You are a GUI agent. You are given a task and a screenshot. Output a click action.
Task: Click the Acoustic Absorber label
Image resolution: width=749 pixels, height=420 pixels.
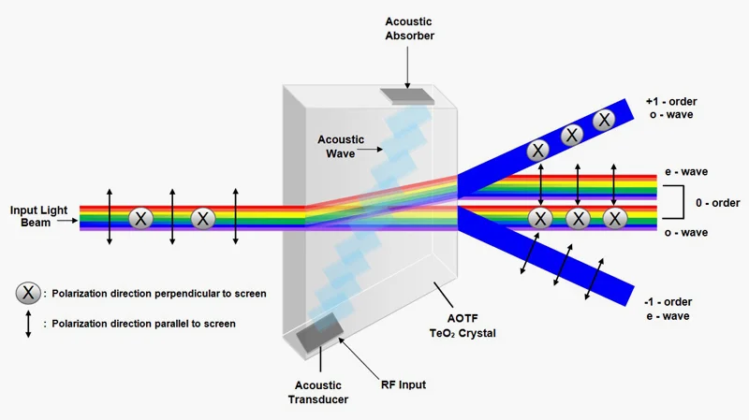408,28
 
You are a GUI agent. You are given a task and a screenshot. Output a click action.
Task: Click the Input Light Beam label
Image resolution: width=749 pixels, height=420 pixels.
38,216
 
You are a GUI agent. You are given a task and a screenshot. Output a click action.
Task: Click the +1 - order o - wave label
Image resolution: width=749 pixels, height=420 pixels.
670,109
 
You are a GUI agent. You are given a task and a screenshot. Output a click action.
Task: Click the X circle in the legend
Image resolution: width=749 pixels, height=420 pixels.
29,293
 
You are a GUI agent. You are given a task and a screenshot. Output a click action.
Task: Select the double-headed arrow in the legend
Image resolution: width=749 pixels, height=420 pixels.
29,324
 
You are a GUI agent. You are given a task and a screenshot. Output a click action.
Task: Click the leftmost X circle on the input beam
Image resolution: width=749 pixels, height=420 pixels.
140,218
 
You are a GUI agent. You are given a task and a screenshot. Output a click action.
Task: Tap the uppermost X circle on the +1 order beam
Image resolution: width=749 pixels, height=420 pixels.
604,120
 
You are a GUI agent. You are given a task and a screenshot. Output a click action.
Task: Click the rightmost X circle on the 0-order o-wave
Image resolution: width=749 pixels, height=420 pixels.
614,218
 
